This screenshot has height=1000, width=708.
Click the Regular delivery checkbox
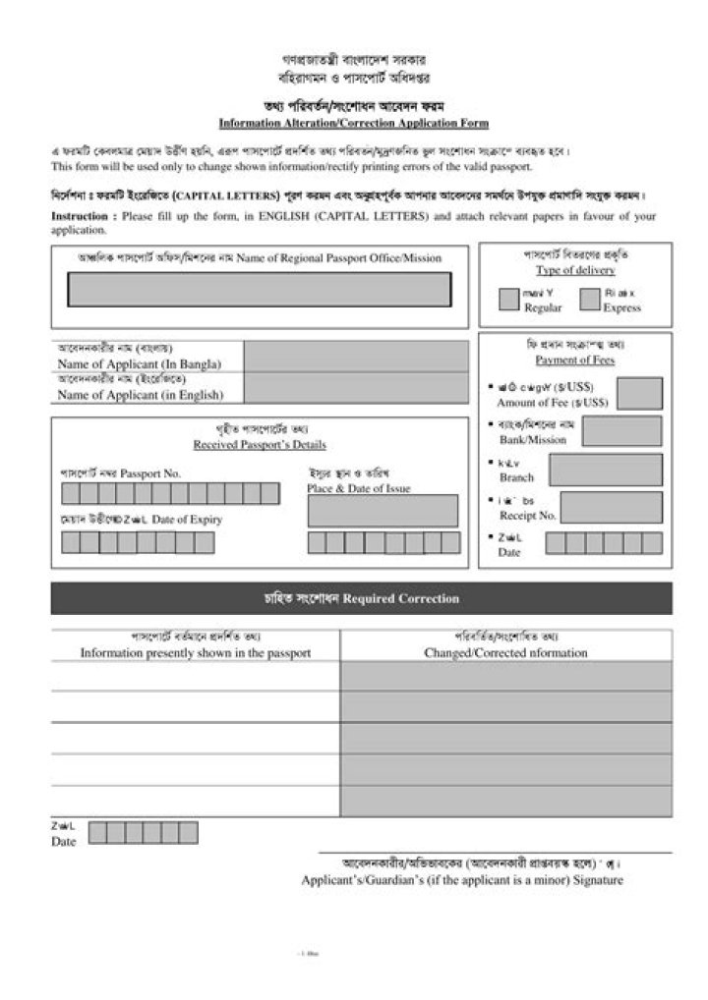tap(508, 300)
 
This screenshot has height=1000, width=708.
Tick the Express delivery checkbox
tap(590, 300)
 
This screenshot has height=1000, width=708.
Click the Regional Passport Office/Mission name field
tap(260, 290)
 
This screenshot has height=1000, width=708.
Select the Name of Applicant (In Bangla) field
tap(356, 356)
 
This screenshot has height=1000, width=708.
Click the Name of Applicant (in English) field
tap(356, 387)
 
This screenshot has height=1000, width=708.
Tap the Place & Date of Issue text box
tap(383, 511)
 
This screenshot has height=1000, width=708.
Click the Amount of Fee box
tap(638, 395)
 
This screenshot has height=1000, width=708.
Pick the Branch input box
tap(605, 470)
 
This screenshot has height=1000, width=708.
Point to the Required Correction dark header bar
tap(361, 598)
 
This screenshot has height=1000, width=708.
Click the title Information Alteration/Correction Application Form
tap(353, 124)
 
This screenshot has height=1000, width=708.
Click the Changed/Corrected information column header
tap(505, 652)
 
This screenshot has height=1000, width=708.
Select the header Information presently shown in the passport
tap(196, 652)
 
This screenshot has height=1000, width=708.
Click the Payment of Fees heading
tap(575, 361)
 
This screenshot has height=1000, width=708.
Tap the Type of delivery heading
tap(575, 270)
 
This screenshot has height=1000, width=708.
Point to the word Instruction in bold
tap(84, 215)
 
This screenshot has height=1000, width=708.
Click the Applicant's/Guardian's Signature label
tap(462, 880)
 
